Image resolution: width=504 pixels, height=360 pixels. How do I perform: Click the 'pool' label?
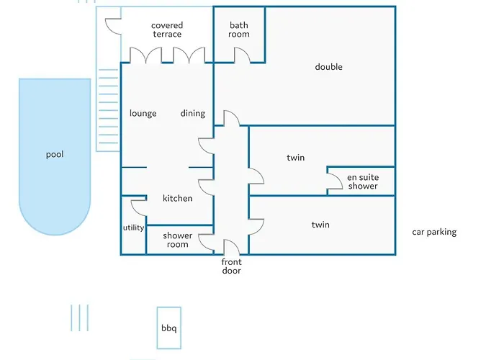point(55,154)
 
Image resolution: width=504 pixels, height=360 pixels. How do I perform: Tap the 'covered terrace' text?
point(166,30)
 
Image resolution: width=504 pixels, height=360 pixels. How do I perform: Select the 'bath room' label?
point(239,30)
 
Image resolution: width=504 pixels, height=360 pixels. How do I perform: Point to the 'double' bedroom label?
point(328,67)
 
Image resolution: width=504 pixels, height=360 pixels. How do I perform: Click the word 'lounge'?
point(143,113)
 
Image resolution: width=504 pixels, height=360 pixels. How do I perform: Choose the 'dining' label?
point(192,113)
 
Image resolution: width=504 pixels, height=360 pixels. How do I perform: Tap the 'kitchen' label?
point(177,198)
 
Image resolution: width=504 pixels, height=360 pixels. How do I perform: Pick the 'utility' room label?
point(133,228)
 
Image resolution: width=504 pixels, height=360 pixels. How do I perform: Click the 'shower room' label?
point(177,240)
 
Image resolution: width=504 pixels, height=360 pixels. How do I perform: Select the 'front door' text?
point(231,266)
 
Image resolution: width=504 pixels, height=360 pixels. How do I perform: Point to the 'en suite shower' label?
point(362,181)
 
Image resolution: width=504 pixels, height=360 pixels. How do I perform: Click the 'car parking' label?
point(433,232)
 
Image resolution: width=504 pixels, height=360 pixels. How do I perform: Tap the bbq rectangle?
point(168,328)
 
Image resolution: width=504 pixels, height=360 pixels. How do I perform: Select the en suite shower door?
point(335,183)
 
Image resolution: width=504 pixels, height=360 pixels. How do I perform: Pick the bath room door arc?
point(241,56)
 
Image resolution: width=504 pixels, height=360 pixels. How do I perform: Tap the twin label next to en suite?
point(296,158)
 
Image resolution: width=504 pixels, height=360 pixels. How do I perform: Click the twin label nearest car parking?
point(320,225)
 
